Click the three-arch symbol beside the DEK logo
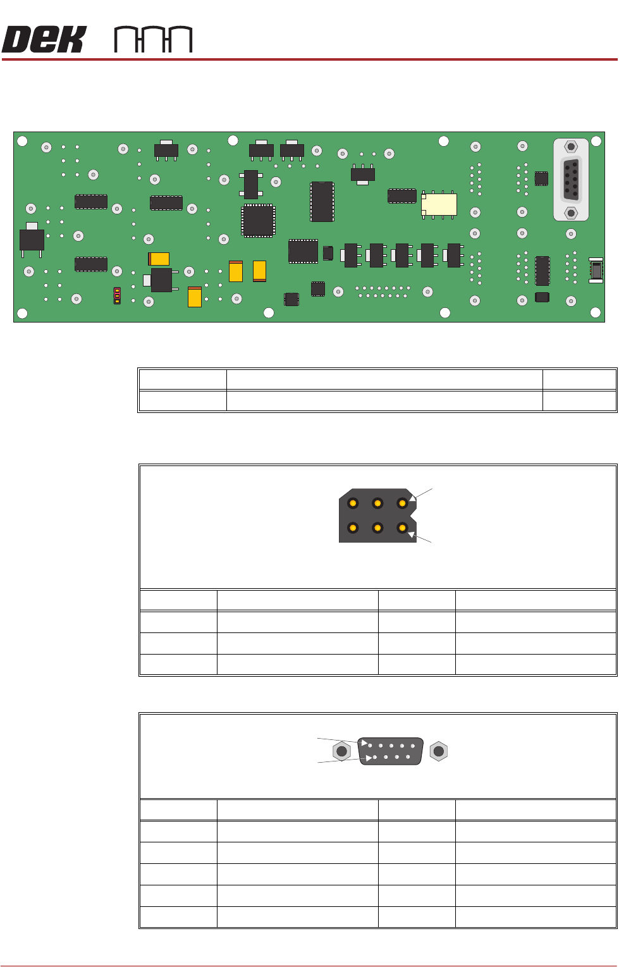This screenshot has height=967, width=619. pyautogui.click(x=153, y=40)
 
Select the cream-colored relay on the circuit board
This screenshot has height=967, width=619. pyautogui.click(x=439, y=204)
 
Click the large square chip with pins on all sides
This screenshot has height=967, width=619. pyautogui.click(x=258, y=221)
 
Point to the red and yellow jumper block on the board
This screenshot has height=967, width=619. pyautogui.click(x=117, y=295)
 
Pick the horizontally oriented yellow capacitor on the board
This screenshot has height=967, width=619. pyautogui.click(x=159, y=259)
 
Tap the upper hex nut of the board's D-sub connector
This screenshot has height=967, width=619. pyautogui.click(x=571, y=147)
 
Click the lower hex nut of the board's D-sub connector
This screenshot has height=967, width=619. pyautogui.click(x=571, y=213)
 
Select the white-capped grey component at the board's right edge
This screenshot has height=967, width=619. pyautogui.click(x=596, y=270)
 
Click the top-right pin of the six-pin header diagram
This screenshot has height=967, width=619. pyautogui.click(x=402, y=503)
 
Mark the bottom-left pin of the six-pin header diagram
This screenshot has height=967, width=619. pyautogui.click(x=353, y=527)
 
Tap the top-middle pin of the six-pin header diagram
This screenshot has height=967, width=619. pyautogui.click(x=377, y=503)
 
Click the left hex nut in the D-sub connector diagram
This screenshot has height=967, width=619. pyautogui.click(x=342, y=751)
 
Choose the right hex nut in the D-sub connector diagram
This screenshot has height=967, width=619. pyautogui.click(x=438, y=751)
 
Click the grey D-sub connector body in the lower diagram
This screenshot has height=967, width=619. pyautogui.click(x=391, y=751)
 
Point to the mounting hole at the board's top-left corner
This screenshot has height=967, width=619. pyautogui.click(x=22, y=141)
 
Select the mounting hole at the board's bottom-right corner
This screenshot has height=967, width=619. pyautogui.click(x=595, y=312)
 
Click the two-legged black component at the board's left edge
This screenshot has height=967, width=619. pyautogui.click(x=32, y=240)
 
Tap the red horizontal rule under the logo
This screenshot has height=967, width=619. pyautogui.click(x=309, y=59)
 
